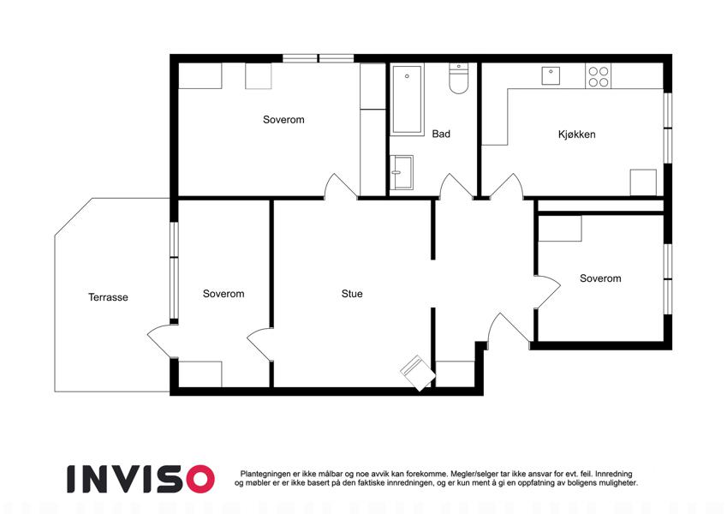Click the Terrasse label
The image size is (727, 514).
coord(108,297)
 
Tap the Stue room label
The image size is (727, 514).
coord(352,294)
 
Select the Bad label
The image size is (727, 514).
coord(441,134)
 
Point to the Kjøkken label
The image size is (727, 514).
coord(577,134)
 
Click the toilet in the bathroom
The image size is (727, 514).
coord(458,79)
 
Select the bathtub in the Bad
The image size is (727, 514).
coord(407,99)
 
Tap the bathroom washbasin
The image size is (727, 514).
coord(402,172)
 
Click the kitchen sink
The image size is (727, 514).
coord(551,75)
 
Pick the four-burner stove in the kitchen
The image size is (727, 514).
coord(598,76)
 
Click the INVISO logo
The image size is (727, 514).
coord(141,479)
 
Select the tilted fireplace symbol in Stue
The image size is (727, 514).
coord(418,373)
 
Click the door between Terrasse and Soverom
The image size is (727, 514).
coord(163,342)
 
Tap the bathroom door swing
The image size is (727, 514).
coord(456,187)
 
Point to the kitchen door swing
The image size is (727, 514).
coord(507,187)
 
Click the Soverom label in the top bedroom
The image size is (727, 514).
coord(283,120)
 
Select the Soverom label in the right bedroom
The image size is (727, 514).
coord(600,278)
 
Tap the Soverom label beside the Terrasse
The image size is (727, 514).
coord(223,294)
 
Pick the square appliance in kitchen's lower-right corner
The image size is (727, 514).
coord(643,182)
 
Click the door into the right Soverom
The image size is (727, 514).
coord(547,291)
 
